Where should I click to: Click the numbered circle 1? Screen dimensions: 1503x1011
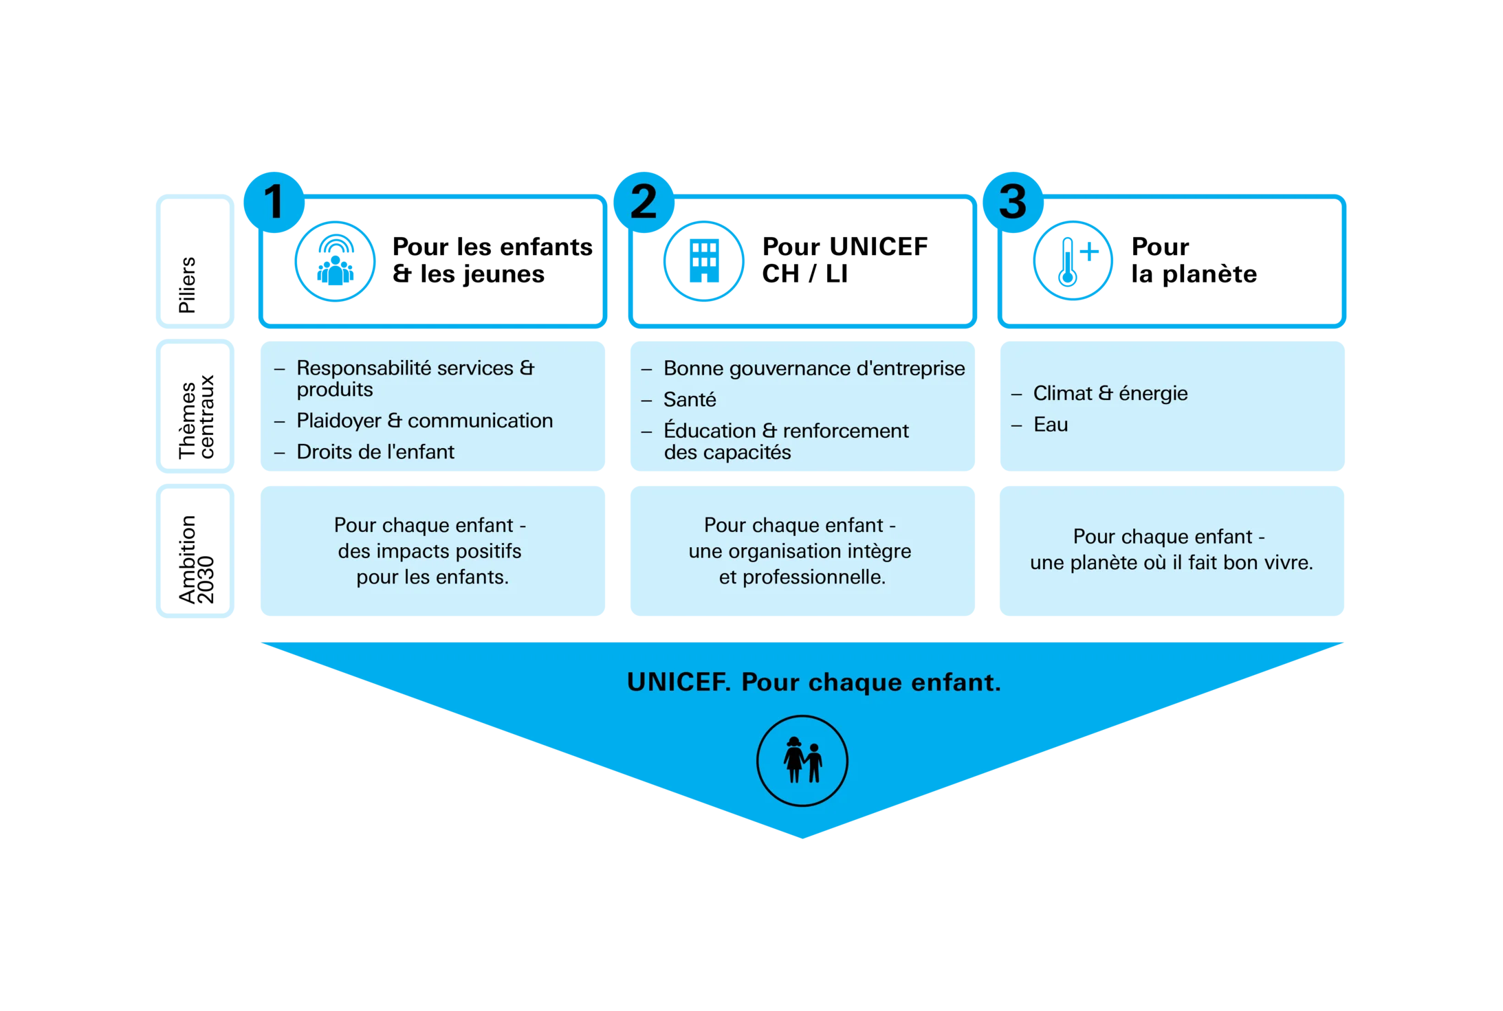(274, 202)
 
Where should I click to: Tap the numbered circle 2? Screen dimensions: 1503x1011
(644, 202)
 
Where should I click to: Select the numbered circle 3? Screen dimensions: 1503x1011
(1013, 202)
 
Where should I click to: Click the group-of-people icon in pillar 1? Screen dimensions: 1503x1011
(335, 261)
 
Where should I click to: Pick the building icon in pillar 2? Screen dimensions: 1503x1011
(704, 261)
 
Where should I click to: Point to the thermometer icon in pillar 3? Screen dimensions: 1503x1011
(1073, 261)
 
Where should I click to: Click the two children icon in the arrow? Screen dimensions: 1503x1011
(802, 761)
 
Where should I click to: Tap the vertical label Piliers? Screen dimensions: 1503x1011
(187, 285)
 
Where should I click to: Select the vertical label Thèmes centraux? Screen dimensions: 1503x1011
(196, 416)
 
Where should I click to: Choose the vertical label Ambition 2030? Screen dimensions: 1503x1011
(196, 559)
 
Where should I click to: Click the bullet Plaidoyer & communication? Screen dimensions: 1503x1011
(424, 421)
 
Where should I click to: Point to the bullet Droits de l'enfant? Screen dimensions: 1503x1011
(375, 452)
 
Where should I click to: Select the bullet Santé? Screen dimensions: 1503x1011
(690, 399)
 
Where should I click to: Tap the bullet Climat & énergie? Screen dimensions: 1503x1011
(1110, 393)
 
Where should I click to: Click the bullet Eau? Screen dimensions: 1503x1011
(1051, 425)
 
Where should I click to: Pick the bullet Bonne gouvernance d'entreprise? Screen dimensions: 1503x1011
(814, 369)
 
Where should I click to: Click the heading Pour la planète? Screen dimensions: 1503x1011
(1194, 260)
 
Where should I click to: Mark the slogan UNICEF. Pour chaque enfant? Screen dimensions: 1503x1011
(814, 682)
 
